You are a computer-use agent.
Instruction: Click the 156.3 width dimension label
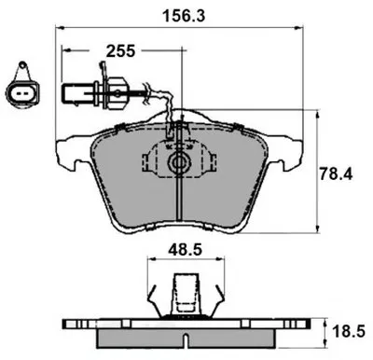coord(185,16)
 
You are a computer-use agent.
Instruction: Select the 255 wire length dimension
coord(120,51)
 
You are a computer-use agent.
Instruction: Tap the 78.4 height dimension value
coord(337,174)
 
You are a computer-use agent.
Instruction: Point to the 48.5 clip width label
coord(186,249)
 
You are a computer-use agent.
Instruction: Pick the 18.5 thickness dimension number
coord(349,332)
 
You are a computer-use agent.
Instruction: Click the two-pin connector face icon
coord(22,92)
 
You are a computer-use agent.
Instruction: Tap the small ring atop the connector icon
coord(22,64)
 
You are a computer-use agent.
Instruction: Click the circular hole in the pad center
coord(178,162)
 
